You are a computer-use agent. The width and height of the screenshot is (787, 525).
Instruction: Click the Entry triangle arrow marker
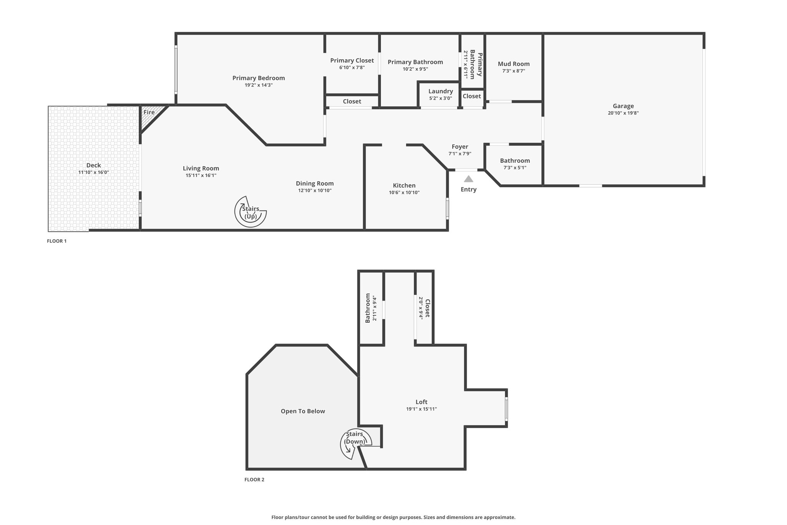click(468, 179)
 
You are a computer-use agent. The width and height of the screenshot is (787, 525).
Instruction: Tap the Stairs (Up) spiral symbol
click(251, 212)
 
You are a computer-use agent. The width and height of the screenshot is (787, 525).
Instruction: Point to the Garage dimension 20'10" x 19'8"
click(623, 113)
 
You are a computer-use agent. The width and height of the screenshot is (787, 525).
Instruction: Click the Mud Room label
click(513, 64)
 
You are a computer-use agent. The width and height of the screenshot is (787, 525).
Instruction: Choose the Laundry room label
click(440, 91)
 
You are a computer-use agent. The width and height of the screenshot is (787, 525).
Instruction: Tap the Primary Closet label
click(352, 60)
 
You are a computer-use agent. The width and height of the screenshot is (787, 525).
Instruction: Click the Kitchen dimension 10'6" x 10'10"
click(404, 192)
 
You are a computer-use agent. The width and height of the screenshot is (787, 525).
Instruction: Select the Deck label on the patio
click(93, 165)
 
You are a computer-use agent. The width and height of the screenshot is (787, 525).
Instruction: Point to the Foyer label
click(460, 147)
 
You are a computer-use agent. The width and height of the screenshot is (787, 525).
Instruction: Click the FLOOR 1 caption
click(57, 241)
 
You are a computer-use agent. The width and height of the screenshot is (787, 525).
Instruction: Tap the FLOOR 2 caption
click(254, 480)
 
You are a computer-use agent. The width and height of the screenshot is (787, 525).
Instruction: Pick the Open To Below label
click(303, 411)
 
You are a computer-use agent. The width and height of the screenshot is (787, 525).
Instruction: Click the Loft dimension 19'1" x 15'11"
click(421, 409)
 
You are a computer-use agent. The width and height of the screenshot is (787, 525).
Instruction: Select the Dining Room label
click(314, 183)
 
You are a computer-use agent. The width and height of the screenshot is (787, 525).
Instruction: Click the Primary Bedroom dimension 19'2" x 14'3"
click(258, 85)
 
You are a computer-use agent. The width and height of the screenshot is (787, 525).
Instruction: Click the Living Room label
click(201, 168)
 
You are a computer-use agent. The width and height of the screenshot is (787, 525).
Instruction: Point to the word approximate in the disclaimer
click(500, 517)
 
